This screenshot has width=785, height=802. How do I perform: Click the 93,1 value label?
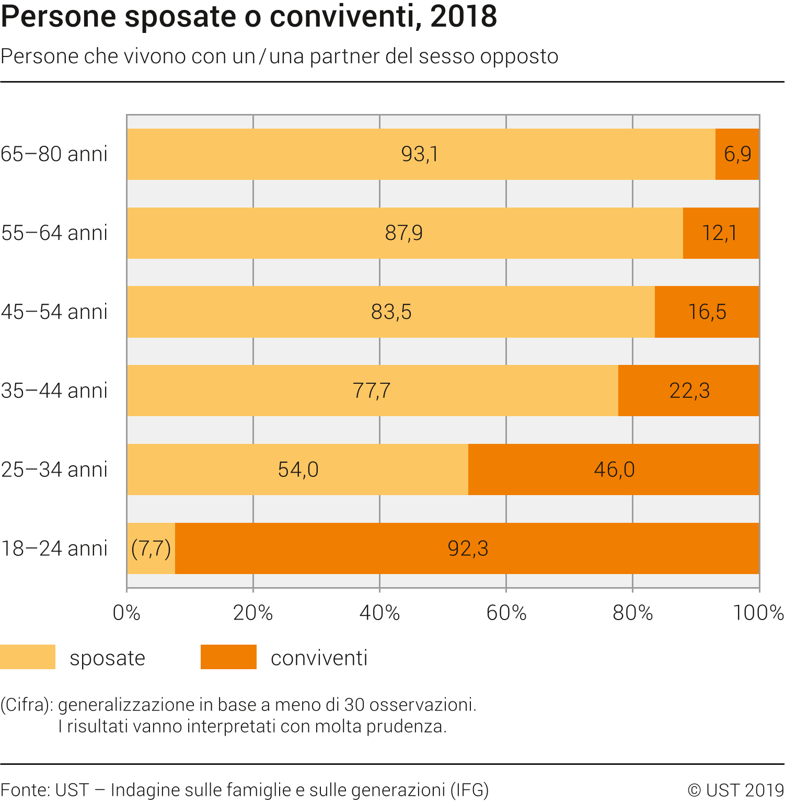[419, 154]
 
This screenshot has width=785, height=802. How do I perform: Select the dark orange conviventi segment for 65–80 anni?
[737, 154]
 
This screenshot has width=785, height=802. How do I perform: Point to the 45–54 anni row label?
[54, 312]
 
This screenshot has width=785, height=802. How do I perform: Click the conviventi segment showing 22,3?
[688, 391]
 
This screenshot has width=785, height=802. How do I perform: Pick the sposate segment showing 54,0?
[298, 469]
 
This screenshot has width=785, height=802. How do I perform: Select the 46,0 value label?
[614, 469]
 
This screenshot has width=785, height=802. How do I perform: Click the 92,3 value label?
[468, 548]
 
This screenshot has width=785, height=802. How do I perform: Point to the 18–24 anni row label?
[54, 548]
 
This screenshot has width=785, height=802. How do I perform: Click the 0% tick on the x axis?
[126, 613]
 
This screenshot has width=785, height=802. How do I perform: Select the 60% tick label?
[506, 613]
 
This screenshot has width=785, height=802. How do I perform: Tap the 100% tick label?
[758, 613]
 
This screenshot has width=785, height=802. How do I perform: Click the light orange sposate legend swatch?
[28, 657]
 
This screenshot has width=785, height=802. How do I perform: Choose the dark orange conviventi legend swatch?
[228, 657]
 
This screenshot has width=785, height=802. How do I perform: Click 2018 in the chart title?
[464, 17]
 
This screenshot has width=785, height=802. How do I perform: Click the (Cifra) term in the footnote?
[26, 705]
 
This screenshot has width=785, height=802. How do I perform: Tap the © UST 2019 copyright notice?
[735, 790]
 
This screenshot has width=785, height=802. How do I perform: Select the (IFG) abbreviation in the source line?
[469, 790]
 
